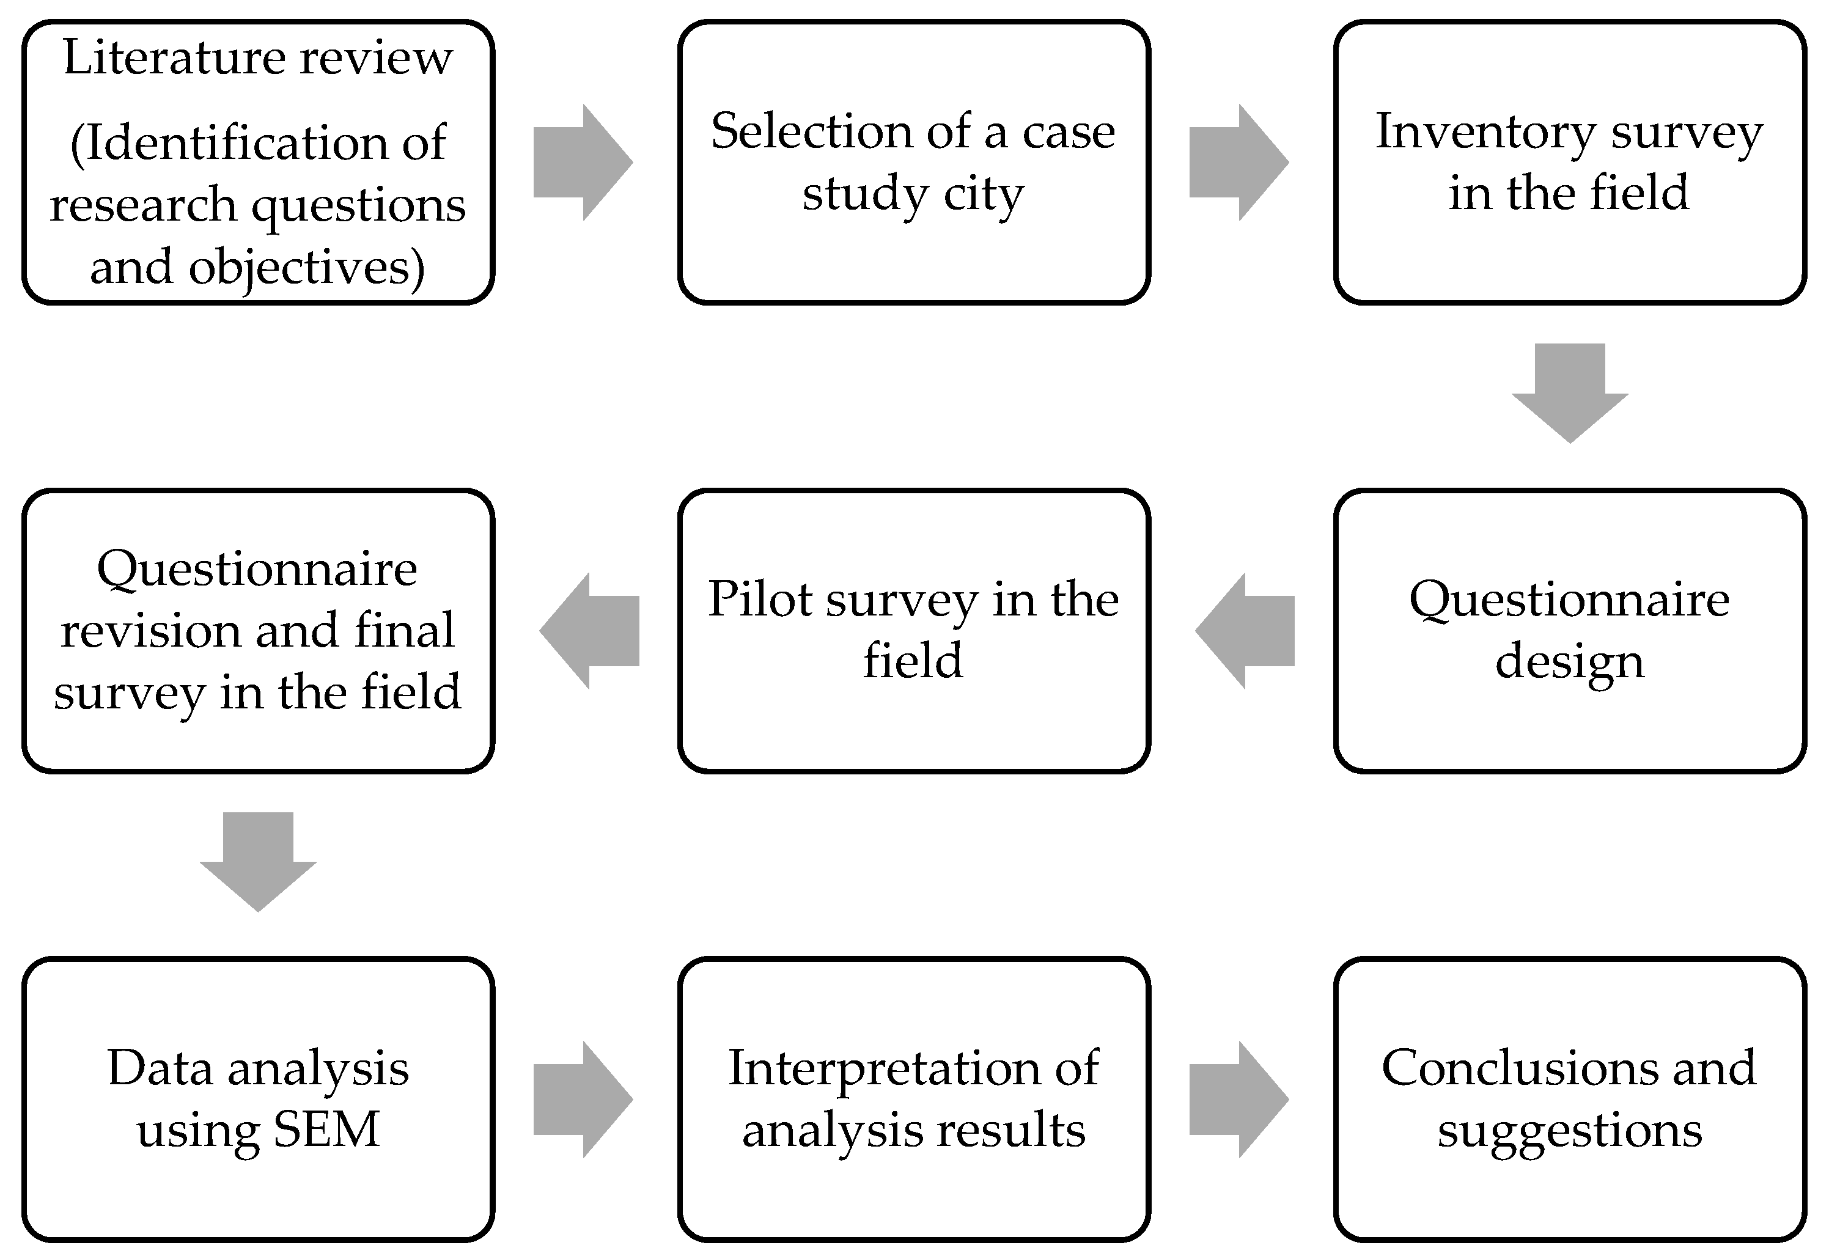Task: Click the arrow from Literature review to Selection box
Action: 583,162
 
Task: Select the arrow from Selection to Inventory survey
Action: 1238,162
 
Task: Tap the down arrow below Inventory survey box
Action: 1570,394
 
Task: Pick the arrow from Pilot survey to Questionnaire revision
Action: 589,631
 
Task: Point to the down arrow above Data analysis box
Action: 258,862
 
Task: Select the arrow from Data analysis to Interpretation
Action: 583,1100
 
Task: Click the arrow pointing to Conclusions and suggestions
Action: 1238,1100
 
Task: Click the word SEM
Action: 326,1130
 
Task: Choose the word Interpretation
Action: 884,1070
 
